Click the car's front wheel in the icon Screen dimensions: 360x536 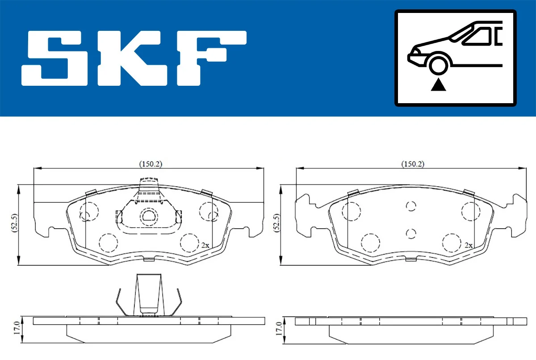439,64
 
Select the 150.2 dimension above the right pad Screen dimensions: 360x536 412,164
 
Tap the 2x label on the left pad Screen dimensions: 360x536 205,245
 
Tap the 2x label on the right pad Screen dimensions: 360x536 468,245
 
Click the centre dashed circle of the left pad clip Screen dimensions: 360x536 148,216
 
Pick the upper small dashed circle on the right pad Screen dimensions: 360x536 411,205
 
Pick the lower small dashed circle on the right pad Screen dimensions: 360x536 411,233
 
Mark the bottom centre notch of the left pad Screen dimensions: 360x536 148,259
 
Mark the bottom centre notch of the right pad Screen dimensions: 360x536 411,259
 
